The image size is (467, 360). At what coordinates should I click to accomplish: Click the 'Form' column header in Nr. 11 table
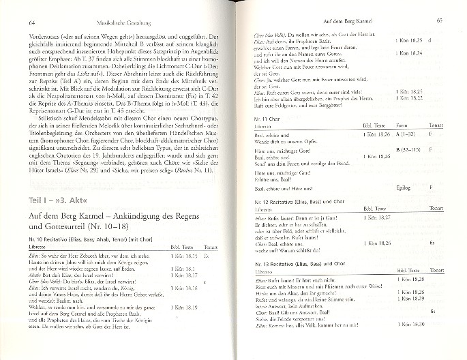coord(402,127)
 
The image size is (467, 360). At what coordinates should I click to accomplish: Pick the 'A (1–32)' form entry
coord(408,136)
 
